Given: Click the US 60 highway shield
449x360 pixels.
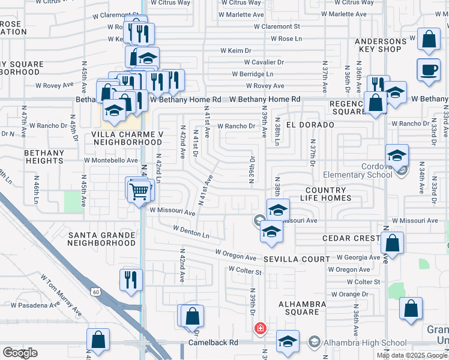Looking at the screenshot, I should [95, 292].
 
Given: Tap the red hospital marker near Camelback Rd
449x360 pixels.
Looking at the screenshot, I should [260, 328].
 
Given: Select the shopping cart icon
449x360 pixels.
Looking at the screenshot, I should [140, 191].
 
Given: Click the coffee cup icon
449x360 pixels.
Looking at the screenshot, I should [429, 69].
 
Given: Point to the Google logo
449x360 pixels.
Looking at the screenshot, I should [20, 353].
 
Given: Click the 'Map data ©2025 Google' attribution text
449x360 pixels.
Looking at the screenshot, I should [412, 355].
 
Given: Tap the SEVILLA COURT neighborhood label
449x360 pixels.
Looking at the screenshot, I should [297, 259].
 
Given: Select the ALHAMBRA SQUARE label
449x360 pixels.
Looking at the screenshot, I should [302, 308].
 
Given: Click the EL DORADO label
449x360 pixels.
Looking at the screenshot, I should [310, 124].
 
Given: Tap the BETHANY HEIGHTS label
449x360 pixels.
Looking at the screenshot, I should [44, 157].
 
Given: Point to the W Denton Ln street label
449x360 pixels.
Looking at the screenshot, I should [191, 231].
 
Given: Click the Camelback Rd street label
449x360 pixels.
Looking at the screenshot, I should [212, 343].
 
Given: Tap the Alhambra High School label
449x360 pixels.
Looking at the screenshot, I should [357, 343].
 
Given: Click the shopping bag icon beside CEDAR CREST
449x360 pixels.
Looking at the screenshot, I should [392, 244].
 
